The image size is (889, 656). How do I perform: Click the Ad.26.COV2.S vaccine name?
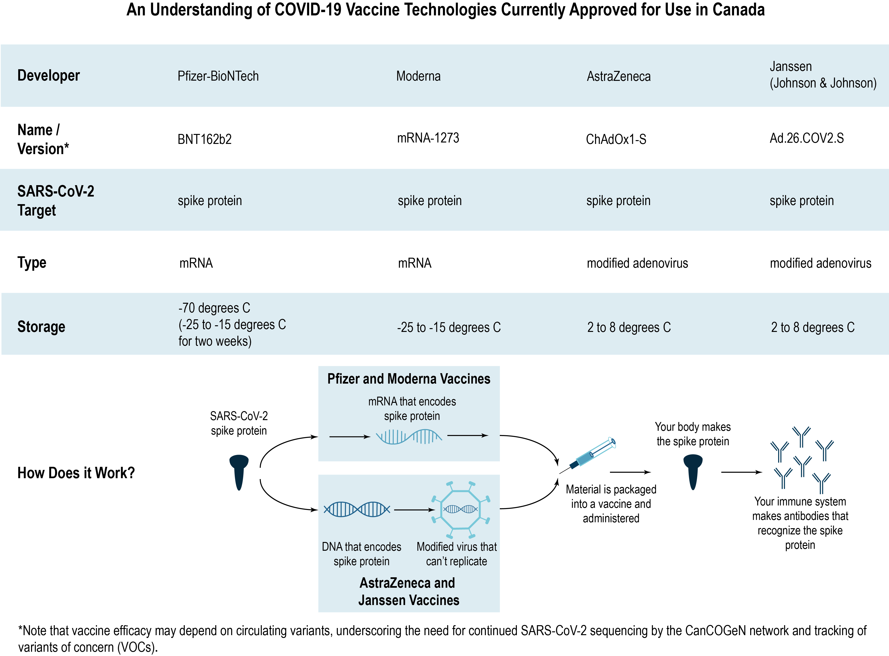tap(807, 138)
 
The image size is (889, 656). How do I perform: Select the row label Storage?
tap(41, 326)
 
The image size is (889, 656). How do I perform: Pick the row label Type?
tap(32, 262)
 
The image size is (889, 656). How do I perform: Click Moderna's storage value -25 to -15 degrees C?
tap(449, 327)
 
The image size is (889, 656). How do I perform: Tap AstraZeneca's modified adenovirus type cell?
tap(637, 263)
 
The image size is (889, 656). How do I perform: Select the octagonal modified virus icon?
tap(460, 509)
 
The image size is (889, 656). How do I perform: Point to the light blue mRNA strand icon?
tap(409, 436)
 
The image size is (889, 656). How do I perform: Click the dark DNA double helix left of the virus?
tap(357, 509)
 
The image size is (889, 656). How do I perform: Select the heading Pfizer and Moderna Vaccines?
tap(409, 379)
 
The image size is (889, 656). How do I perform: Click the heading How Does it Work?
tap(76, 473)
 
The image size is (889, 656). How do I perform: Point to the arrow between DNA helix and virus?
tap(414, 509)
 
